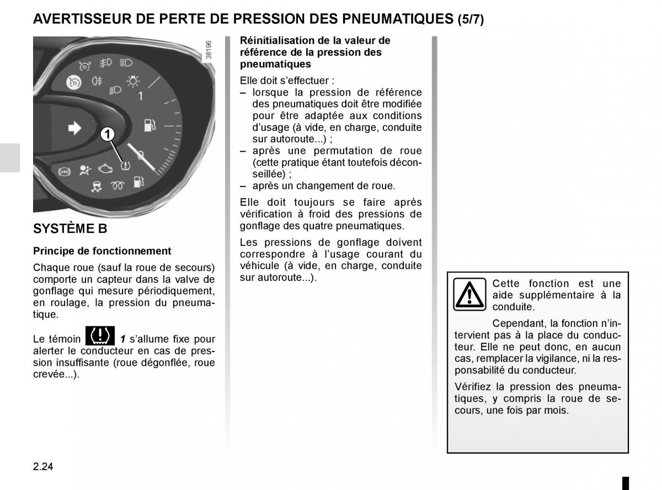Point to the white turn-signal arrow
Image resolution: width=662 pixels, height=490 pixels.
tap(73, 129)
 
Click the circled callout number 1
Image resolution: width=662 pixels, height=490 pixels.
tap(108, 134)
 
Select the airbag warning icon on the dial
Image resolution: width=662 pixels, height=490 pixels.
tap(84, 169)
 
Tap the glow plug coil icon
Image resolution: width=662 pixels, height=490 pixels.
tap(116, 185)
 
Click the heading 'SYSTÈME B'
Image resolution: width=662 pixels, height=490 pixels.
tap(70, 228)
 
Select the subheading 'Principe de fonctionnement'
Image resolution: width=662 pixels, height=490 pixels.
tap(102, 251)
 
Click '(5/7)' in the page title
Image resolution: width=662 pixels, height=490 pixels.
tap(471, 19)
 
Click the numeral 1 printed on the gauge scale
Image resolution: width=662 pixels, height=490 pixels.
tap(140, 96)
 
